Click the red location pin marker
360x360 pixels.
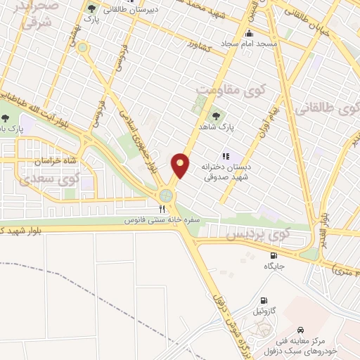click(x=180, y=165)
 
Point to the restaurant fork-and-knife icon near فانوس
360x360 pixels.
click(x=162, y=209)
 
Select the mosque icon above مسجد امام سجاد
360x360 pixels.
click(x=247, y=33)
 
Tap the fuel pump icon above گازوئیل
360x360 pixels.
click(x=264, y=299)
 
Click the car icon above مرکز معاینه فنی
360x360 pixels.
click(x=300, y=330)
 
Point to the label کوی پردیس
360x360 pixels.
click(x=250, y=232)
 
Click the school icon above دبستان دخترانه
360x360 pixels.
click(x=225, y=156)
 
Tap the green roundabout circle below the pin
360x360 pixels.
click(x=167, y=195)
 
